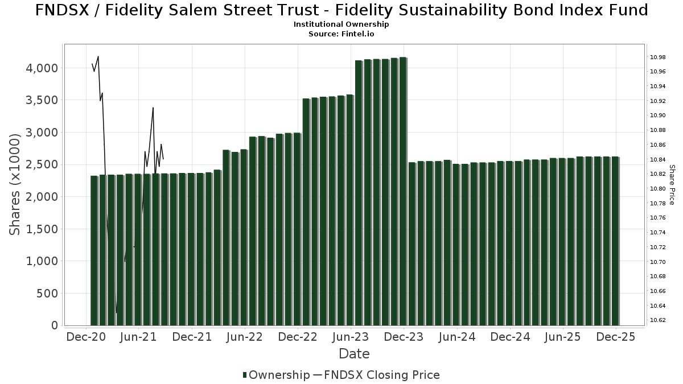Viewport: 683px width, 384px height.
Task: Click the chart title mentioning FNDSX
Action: [x=341, y=10]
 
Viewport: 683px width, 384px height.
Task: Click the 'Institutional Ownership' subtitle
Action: [x=341, y=24]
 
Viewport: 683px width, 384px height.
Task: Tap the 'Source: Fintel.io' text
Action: [x=341, y=34]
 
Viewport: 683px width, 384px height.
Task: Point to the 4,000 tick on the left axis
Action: [x=42, y=68]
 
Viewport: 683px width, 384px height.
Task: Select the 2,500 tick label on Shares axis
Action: [x=42, y=165]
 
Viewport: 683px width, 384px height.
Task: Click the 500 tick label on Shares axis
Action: [x=48, y=294]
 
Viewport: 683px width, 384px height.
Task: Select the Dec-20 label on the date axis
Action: [x=85, y=337]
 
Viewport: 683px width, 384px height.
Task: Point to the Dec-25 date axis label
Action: [x=616, y=337]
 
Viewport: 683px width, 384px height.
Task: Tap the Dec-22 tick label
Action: [x=298, y=337]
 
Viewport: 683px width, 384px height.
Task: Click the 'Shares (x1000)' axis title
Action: [x=15, y=184]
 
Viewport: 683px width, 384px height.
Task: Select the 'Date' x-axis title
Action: [x=354, y=354]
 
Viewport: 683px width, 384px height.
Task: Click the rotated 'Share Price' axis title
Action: [x=672, y=184]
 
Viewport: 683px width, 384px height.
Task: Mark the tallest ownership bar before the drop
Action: [x=403, y=191]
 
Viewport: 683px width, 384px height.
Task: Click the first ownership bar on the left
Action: [x=94, y=250]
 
